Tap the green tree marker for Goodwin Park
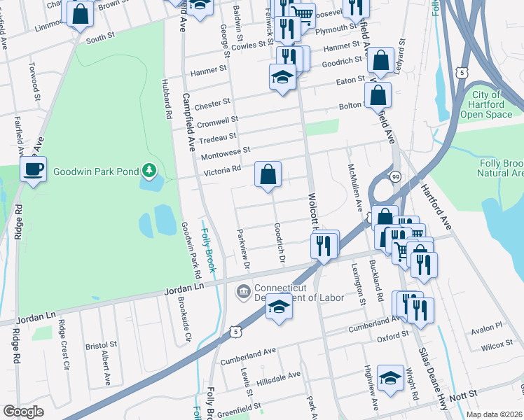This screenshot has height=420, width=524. click(149, 169)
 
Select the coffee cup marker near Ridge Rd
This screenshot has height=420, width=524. click(34, 169)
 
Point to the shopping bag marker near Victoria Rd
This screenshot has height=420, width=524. click(268, 174)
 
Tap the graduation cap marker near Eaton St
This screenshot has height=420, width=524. click(282, 77)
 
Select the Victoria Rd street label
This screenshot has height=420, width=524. click(222, 169)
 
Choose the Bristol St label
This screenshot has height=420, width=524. click(101, 346)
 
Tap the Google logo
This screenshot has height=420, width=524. click(23, 412)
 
